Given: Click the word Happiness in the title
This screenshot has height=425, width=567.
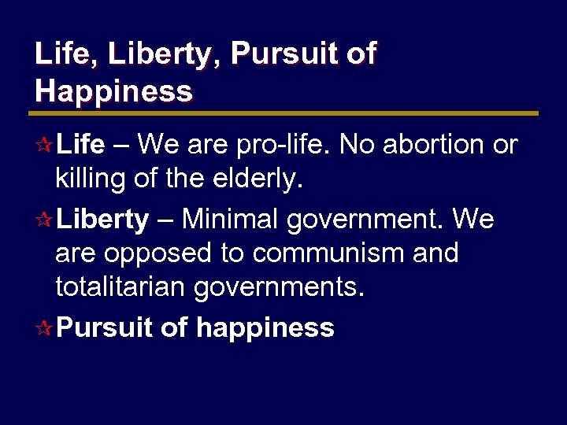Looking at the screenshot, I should pos(113,91).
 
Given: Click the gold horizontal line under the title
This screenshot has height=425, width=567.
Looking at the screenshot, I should pos(287,113).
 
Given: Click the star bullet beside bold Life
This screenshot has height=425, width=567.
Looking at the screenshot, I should pos(45,146).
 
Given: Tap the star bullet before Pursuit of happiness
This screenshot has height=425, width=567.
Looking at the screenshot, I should pos(45,328).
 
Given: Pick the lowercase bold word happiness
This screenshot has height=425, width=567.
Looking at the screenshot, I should pos(265,328).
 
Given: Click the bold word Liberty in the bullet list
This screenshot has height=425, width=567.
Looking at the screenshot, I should pos(102,220).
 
